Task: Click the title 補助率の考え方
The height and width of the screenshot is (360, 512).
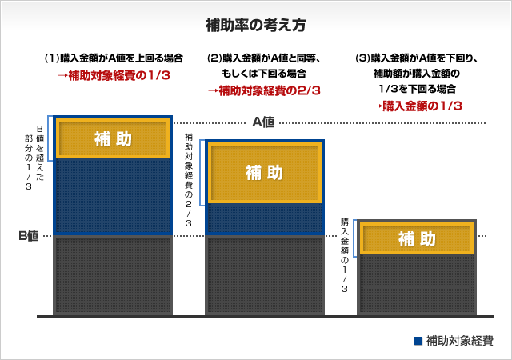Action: tap(255, 24)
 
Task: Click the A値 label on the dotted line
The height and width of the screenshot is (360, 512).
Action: tap(263, 122)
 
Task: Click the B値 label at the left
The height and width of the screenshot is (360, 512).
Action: tap(29, 236)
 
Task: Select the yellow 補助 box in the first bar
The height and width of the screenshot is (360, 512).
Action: tap(113, 138)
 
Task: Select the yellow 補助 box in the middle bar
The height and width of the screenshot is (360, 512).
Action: tap(264, 172)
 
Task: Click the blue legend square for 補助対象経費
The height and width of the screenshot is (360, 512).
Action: tap(417, 340)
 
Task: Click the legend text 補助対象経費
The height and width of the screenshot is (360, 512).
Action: tap(460, 340)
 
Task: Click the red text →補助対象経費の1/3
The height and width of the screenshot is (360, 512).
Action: tap(113, 76)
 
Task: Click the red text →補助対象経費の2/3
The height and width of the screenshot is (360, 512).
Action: tap(264, 90)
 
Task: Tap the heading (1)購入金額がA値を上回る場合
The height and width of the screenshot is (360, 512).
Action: tap(114, 58)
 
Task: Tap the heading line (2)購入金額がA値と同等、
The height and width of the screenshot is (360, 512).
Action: tap(264, 58)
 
